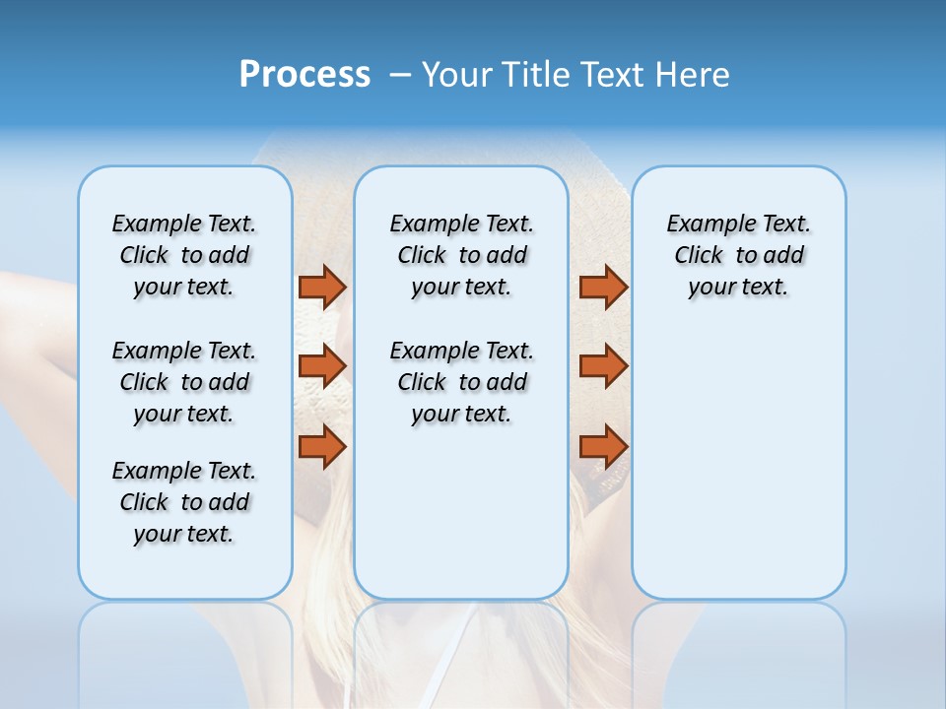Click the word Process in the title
click(304, 75)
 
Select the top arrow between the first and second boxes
click(322, 287)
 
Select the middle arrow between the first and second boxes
click(322, 366)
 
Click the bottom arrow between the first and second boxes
click(322, 447)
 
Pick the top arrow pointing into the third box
click(603, 287)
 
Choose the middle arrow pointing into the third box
click(603, 366)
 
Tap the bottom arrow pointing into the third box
click(603, 447)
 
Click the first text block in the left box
click(184, 255)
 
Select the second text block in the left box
click(184, 382)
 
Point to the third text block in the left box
click(184, 502)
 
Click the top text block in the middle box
click(461, 255)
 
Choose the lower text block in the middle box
click(461, 382)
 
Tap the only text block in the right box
click(738, 255)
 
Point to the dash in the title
click(400, 75)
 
